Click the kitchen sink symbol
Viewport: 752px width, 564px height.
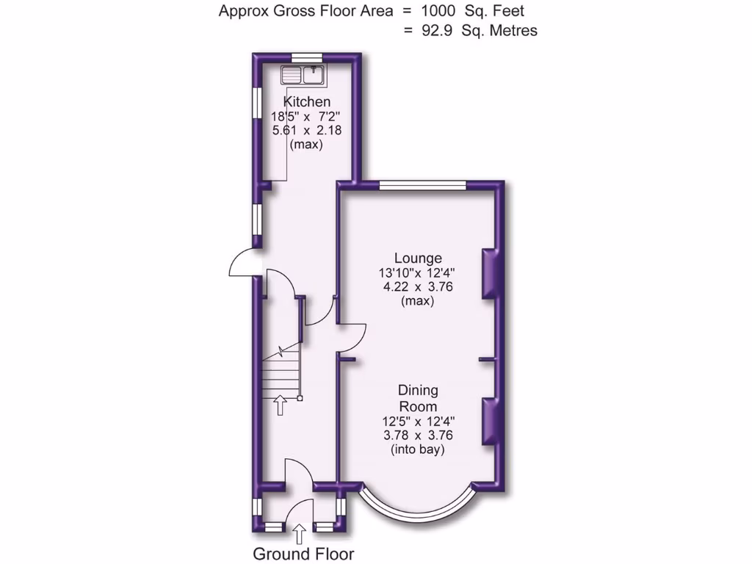[303, 74]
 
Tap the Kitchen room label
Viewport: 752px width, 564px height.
[307, 101]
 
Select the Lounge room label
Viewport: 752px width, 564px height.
[418, 258]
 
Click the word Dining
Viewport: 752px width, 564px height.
[418, 390]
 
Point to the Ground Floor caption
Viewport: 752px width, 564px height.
[303, 554]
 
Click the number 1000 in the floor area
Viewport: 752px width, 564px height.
[438, 11]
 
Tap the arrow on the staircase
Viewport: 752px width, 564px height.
[280, 404]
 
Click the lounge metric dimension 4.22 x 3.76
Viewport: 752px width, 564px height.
[418, 286]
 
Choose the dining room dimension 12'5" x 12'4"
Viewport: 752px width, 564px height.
[418, 421]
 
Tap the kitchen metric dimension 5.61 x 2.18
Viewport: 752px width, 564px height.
[307, 130]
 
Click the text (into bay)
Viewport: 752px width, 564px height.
[418, 449]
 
